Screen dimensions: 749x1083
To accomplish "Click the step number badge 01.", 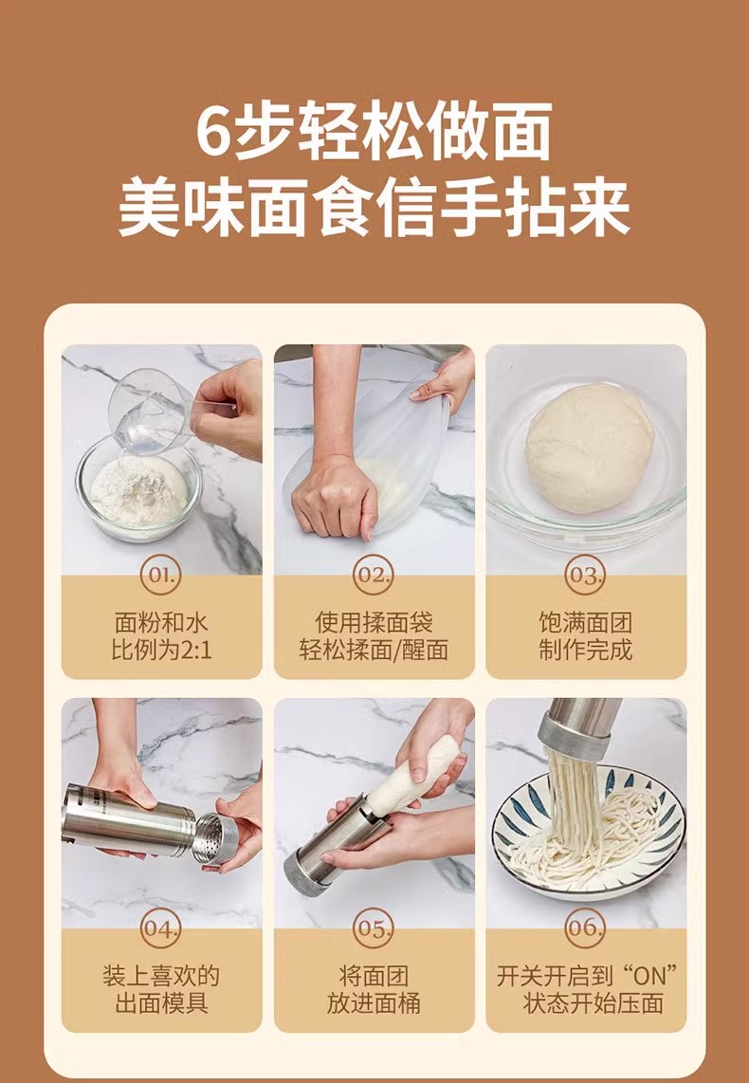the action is point(161,576).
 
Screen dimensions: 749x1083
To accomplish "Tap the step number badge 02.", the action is point(374,576).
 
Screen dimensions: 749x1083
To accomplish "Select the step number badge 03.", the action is point(585,576).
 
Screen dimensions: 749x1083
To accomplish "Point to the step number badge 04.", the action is point(161,928).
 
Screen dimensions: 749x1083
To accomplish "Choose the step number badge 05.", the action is point(374,928).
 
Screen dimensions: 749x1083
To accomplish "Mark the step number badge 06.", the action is point(585,928).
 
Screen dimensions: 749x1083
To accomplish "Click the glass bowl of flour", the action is point(138,490).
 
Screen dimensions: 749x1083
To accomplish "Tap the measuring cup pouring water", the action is point(151,411).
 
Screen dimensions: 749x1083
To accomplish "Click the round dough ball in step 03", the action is point(589,448).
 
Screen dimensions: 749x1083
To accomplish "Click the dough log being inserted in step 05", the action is point(412,775).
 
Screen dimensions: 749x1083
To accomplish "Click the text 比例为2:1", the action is point(162,650).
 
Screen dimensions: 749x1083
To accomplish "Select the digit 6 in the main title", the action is point(212,130).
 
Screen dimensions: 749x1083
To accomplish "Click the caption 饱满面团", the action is point(585,622).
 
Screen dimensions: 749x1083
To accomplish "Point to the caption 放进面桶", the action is point(374,1003).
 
